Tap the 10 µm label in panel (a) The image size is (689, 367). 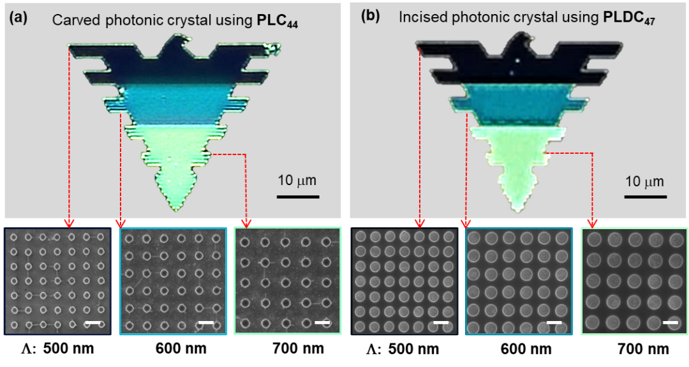(297, 181)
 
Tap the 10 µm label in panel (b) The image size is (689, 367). (644, 181)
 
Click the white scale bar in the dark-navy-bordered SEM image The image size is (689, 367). (93, 323)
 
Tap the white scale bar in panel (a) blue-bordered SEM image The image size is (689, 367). (205, 323)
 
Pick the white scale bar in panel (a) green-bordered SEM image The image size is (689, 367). (323, 323)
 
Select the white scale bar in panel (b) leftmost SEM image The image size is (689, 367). (441, 323)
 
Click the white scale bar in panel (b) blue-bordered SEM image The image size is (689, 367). (554, 323)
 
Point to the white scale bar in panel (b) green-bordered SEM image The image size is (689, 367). (670, 323)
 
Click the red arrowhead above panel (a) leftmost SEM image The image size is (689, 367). (69, 223)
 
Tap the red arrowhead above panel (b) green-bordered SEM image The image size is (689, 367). (593, 223)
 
